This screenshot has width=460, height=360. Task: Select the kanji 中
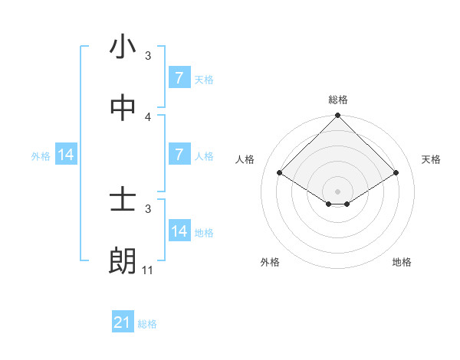(123, 109)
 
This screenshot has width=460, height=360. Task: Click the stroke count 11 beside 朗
(148, 270)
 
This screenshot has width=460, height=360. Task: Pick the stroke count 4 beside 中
(148, 117)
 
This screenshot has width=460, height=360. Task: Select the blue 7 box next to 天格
(179, 78)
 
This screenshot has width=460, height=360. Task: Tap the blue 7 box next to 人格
(179, 155)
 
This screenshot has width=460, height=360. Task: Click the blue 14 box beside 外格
(66, 155)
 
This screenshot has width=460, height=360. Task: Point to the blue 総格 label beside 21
(147, 324)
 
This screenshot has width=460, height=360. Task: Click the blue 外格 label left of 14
(41, 155)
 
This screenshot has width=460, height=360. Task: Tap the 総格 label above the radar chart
(338, 100)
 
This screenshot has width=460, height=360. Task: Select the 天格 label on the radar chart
(431, 159)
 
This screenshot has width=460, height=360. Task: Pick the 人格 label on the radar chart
(245, 159)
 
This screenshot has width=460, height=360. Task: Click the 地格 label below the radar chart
(402, 262)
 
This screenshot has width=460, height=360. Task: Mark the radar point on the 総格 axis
(338, 116)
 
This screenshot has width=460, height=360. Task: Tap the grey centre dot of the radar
(338, 191)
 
